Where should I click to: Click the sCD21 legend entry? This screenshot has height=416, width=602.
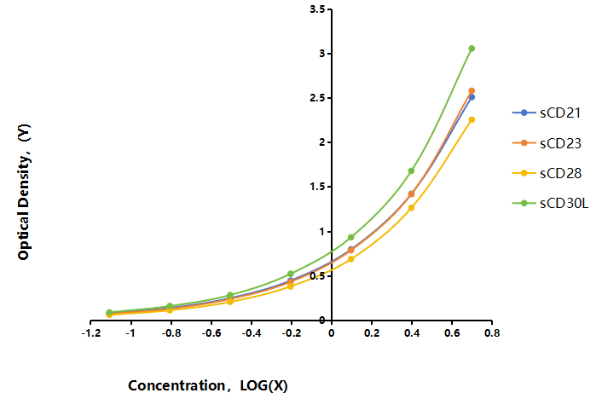pyautogui.click(x=547, y=113)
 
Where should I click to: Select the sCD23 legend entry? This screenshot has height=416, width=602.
pyautogui.click(x=547, y=143)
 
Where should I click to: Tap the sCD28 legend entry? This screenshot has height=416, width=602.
pyautogui.click(x=547, y=173)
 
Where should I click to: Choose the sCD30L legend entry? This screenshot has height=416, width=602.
pyautogui.click(x=550, y=203)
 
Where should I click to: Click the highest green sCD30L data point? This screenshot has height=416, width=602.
pyautogui.click(x=472, y=49)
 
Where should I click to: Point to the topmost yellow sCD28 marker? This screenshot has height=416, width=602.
pyautogui.click(x=472, y=119)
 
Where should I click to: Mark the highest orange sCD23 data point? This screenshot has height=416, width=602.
pyautogui.click(x=472, y=91)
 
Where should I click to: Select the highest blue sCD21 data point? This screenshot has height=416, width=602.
pyautogui.click(x=472, y=97)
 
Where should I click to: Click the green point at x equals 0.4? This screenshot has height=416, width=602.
pyautogui.click(x=411, y=170)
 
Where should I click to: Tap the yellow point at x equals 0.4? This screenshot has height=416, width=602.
pyautogui.click(x=411, y=208)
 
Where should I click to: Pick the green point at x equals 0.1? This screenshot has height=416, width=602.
pyautogui.click(x=351, y=237)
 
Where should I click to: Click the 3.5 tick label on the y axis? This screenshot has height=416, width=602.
pyautogui.click(x=317, y=9)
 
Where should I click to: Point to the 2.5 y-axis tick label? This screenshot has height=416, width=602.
pyautogui.click(x=317, y=98)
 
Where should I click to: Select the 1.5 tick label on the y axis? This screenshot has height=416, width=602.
pyautogui.click(x=317, y=187)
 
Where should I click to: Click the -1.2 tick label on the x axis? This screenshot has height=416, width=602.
pyautogui.click(x=91, y=332)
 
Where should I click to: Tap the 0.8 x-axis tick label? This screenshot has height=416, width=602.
pyautogui.click(x=492, y=332)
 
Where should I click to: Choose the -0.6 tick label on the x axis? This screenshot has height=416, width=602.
pyautogui.click(x=211, y=332)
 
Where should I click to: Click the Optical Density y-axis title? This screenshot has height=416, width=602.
pyautogui.click(x=24, y=192)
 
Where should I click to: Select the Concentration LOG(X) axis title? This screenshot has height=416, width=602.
pyautogui.click(x=208, y=385)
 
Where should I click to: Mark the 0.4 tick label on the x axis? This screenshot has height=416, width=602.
pyautogui.click(x=412, y=332)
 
